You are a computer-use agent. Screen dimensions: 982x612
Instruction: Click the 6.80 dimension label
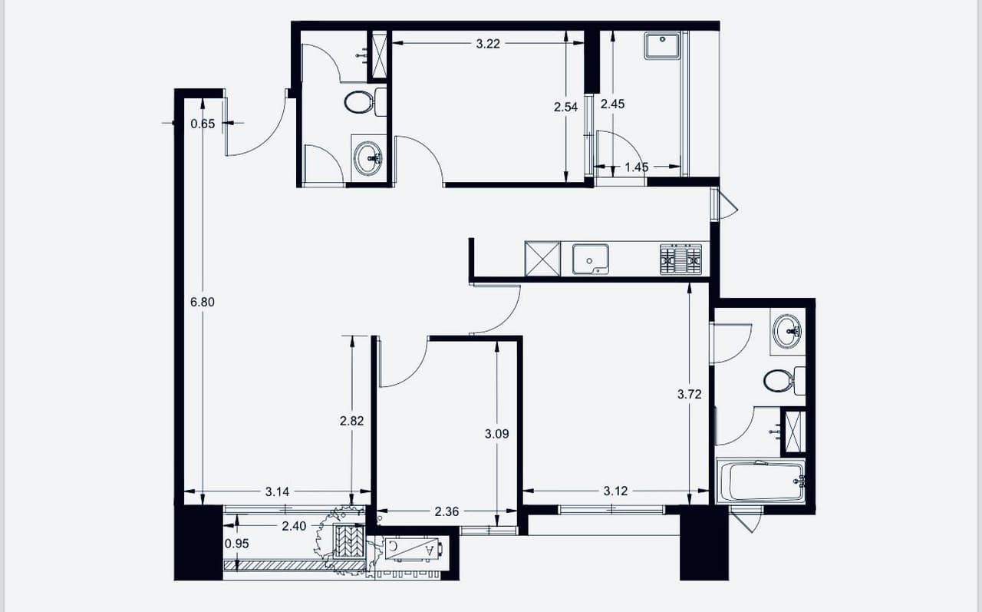point(203,303)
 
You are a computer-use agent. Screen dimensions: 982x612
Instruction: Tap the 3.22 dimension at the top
point(488,44)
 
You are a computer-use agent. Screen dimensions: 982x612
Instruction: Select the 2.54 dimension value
point(565,107)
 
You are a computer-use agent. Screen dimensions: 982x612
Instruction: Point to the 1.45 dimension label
point(637,167)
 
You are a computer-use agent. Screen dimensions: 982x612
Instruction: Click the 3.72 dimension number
point(690,395)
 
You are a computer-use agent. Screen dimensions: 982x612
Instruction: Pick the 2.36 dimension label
point(447,511)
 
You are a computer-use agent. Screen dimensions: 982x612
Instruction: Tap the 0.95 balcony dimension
point(237,544)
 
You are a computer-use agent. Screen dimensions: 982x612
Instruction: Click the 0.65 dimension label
point(203,124)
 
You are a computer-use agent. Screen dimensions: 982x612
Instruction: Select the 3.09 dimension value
point(496,435)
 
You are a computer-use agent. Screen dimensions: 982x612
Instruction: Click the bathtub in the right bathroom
point(760,481)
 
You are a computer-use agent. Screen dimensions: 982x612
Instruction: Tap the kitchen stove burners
point(680,260)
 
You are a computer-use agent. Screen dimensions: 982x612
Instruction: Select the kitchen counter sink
point(591,260)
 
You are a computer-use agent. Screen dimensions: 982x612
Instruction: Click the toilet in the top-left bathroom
point(365,102)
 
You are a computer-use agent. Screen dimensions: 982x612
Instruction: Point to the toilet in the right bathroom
point(784,380)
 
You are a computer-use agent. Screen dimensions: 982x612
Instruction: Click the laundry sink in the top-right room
point(662,45)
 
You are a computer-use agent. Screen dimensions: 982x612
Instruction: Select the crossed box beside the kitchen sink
point(542,259)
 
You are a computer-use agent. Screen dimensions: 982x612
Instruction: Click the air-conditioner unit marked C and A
point(414,549)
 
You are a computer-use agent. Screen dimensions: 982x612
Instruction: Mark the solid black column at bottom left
point(199,543)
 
